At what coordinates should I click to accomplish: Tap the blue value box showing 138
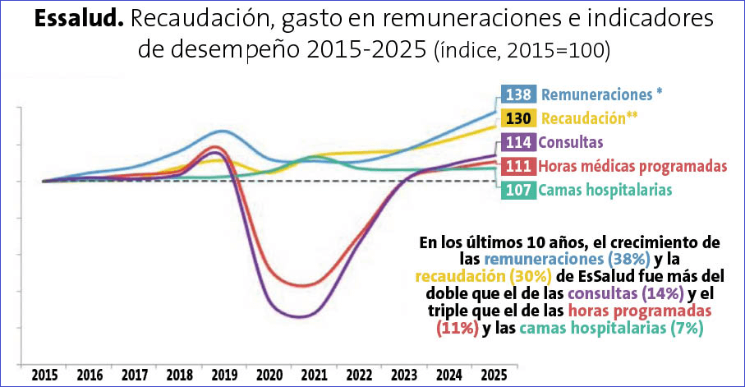(x=519, y=94)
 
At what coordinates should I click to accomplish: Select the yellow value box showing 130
(x=519, y=117)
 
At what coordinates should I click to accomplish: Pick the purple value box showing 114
(x=519, y=141)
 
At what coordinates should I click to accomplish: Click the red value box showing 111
(x=519, y=166)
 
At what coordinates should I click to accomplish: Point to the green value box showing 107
(x=519, y=190)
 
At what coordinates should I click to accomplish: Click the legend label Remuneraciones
(x=601, y=94)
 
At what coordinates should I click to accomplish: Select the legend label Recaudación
(x=590, y=117)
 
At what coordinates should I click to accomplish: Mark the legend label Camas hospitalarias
(x=605, y=190)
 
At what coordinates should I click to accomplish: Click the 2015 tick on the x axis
(x=45, y=375)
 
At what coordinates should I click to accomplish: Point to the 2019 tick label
(x=223, y=375)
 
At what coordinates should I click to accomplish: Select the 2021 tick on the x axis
(x=313, y=375)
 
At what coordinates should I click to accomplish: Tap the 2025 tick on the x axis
(x=492, y=375)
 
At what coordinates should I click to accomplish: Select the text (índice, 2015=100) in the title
(x=521, y=51)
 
